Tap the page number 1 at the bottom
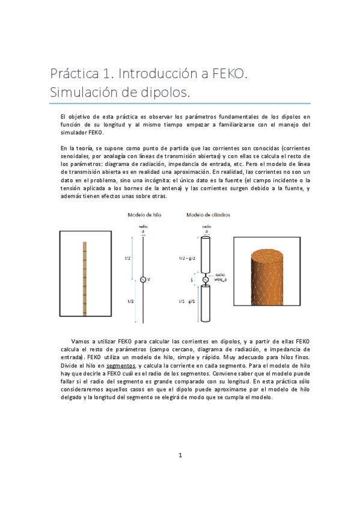pyautogui.click(x=180, y=472)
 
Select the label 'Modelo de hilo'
pyautogui.click(x=144, y=215)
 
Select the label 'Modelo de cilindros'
pyautogui.click(x=208, y=215)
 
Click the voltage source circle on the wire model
pyautogui.click(x=142, y=279)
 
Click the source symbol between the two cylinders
pyautogui.click(x=205, y=279)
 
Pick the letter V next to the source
pyautogui.click(x=150, y=280)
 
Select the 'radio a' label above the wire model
pyautogui.click(x=142, y=229)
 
